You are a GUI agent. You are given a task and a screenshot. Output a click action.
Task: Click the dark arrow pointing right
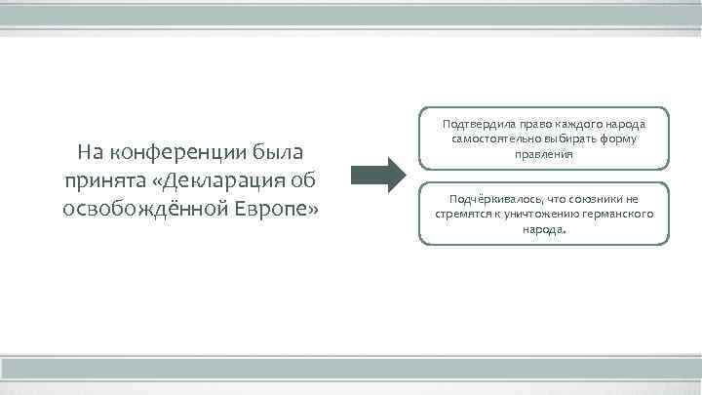[376, 178]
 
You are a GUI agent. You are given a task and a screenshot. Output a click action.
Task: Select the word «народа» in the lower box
[544, 229]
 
